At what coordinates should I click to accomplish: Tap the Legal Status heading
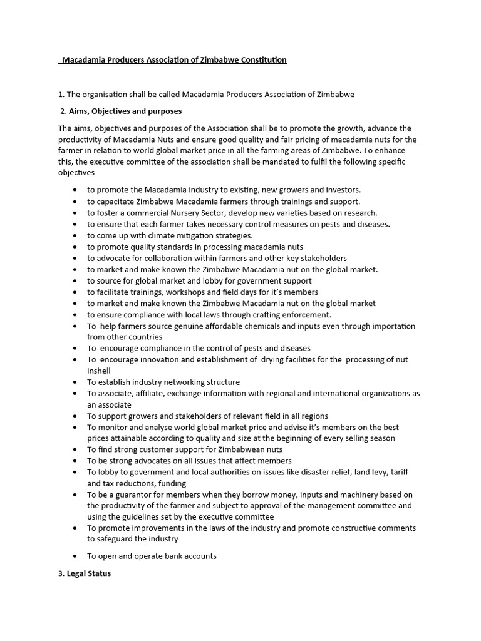tap(89, 573)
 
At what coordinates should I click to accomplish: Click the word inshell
tap(99, 371)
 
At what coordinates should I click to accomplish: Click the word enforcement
tap(303, 314)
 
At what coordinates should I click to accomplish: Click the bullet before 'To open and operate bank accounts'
tap(76, 556)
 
